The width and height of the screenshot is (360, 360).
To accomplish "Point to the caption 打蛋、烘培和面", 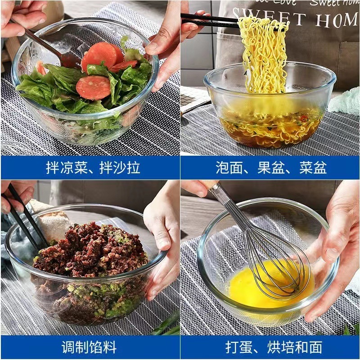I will coord(270,347).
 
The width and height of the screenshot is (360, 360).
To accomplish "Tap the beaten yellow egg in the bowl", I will coord(252,288).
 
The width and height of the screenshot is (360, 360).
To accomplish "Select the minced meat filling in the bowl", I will coord(90,256).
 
